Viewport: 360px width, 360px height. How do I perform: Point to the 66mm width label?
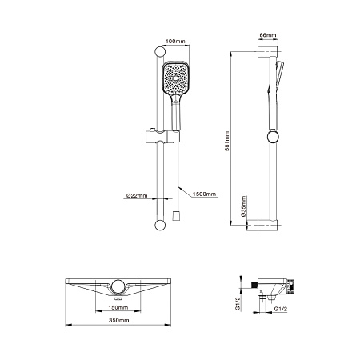point(268,35)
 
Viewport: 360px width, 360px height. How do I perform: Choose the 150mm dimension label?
point(119,306)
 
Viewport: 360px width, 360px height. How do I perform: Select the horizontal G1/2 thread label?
point(280,307)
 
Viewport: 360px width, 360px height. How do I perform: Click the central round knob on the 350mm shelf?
point(119,286)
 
